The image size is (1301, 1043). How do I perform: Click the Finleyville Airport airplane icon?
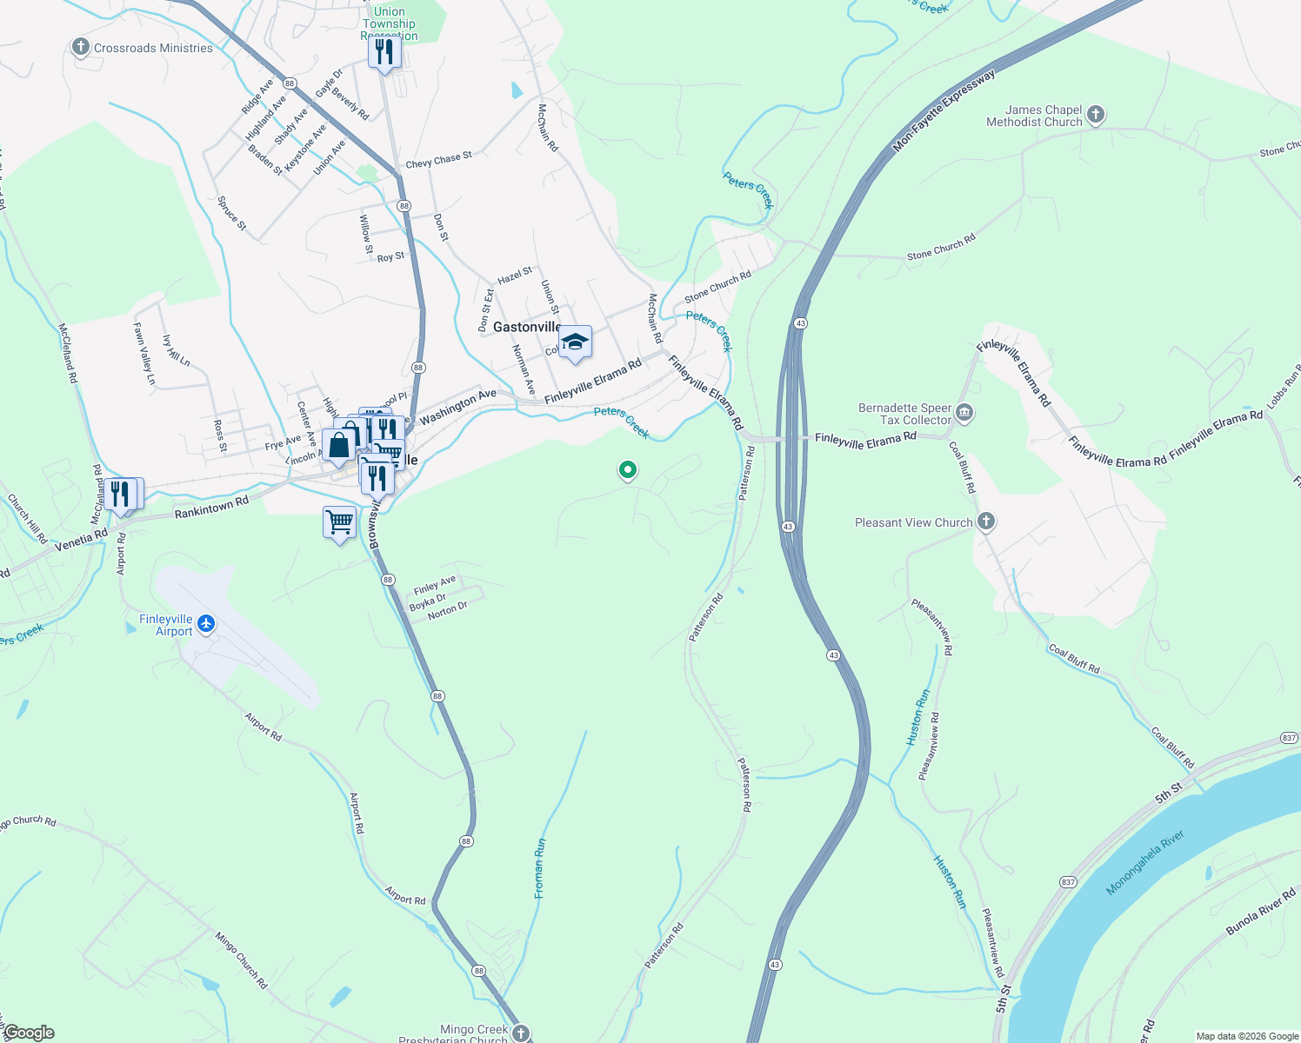coord(206,623)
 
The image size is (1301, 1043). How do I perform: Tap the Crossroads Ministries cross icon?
coord(81,47)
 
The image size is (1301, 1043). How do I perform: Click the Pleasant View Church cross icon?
coord(985,521)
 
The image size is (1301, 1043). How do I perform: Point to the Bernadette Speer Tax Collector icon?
coord(964,413)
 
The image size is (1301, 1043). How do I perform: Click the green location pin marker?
coord(627,470)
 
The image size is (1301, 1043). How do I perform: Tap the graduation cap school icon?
coord(575,342)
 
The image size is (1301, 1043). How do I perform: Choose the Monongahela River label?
coord(1145,863)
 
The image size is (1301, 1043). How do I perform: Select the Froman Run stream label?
coord(540,867)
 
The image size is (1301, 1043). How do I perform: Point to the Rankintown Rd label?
coord(211,508)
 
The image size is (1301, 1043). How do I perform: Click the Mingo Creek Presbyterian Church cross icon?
coord(520,1033)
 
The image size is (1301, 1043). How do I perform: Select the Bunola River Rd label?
coord(1260,911)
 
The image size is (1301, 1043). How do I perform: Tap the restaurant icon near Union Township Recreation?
coord(384,52)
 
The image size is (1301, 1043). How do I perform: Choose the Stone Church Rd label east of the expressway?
coord(941,247)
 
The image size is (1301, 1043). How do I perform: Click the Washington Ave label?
coord(457,407)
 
